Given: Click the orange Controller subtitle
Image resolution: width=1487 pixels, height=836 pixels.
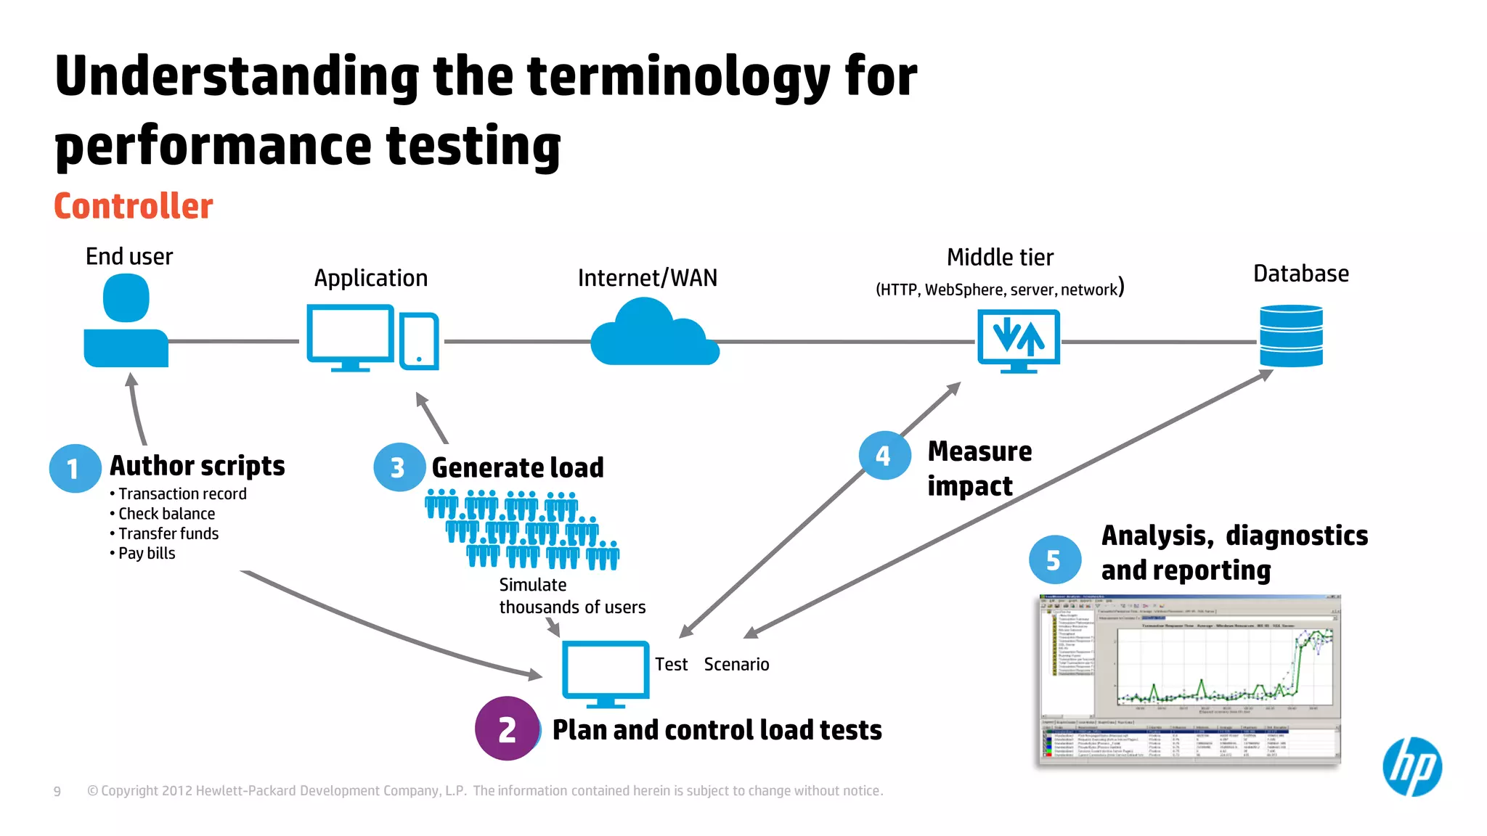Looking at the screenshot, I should coord(134,206).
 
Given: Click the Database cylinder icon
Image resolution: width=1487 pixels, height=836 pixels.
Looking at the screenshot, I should coord(1291,336).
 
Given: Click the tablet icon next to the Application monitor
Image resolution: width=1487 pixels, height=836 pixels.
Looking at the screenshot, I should coord(419,341).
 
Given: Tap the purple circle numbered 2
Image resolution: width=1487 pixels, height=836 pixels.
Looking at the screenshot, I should coord(507,729).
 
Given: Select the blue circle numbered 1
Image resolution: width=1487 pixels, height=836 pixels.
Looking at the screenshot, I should coord(74,469).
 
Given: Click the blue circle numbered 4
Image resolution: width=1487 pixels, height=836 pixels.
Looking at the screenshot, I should coord(884,456).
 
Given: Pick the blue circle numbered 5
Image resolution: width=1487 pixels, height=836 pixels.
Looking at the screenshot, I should coord(1054,560).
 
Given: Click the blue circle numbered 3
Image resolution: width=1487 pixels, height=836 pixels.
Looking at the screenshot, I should coord(399,467).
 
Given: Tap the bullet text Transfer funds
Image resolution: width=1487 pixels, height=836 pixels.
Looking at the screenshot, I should coord(168,533).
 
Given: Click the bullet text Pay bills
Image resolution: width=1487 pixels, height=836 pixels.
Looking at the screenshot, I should coord(147,553).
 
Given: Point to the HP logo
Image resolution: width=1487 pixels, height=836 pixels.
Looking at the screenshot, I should coord(1411,767).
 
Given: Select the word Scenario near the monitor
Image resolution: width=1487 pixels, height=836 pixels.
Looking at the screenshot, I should coord(736,664).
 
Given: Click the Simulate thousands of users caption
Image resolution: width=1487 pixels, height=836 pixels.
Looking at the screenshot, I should coord(571,596).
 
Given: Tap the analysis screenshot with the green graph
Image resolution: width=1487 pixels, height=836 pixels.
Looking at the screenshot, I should coord(1189,679).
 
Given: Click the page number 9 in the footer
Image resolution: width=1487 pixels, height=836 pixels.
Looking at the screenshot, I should coord(57,791).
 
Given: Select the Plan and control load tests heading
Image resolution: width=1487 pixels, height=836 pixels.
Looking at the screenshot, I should coord(717,730).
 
